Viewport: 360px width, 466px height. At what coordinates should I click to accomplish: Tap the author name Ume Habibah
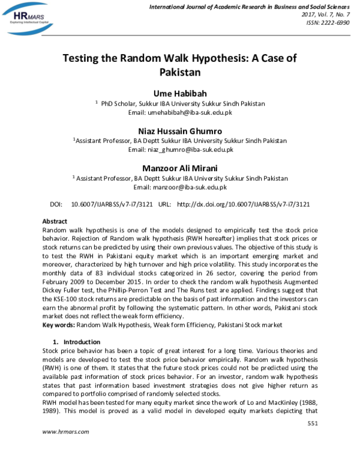coord(180,94)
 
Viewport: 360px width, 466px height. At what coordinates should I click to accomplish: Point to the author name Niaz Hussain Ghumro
coord(180,130)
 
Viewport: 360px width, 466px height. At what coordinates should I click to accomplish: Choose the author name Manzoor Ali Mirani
coord(180,168)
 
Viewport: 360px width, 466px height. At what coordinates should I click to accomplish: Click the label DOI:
coord(56,204)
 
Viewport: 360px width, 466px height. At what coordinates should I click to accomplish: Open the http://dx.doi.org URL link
coord(243,204)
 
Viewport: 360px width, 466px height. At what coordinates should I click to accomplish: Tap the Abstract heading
coord(55,222)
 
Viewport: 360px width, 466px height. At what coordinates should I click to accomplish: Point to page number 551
coord(311,424)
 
